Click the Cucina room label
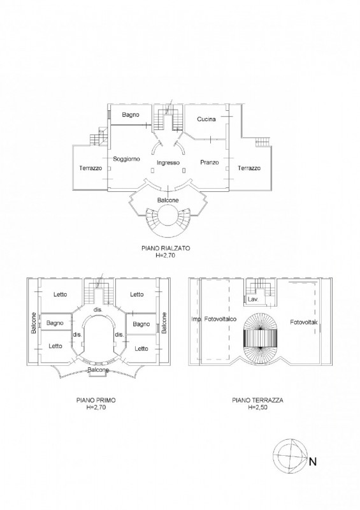coord(206,119)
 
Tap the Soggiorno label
coord(127,159)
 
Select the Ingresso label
coord(168,163)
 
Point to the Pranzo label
coord(210,162)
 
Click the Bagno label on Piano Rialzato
coord(131,115)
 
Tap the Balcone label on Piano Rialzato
coord(168,200)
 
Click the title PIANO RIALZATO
coord(166,248)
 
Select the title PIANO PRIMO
coord(96,400)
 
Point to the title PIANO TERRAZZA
coord(257,400)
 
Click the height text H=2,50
coord(257,407)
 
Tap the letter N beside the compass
coord(312,462)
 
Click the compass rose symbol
coord(290,456)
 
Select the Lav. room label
coord(253,299)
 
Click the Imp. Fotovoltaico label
coord(213,319)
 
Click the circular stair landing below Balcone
coord(168,219)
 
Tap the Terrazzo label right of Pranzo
coord(248,168)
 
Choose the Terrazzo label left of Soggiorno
coord(90,168)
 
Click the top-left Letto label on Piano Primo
coord(60,295)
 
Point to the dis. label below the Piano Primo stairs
coord(98,310)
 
